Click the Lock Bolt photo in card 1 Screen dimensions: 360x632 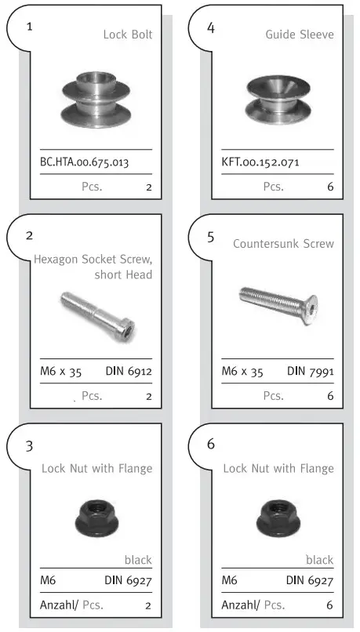pyautogui.click(x=95, y=99)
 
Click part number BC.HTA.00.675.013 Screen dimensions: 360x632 pyautogui.click(x=84, y=163)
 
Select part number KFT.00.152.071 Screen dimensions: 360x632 pyautogui.click(x=260, y=163)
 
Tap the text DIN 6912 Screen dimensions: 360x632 pyautogui.click(x=129, y=372)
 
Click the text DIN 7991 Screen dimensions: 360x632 pyautogui.click(x=310, y=372)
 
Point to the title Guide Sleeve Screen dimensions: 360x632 pyautogui.click(x=300, y=35)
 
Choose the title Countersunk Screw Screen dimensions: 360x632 pyautogui.click(x=283, y=244)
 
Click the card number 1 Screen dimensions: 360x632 pyautogui.click(x=29, y=27)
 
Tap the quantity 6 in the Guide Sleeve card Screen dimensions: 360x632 pyautogui.click(x=330, y=187)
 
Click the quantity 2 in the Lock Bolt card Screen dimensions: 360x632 pyautogui.click(x=148, y=187)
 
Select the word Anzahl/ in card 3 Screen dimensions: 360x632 pyautogui.click(x=58, y=605)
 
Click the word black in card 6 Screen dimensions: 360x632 pyautogui.click(x=319, y=560)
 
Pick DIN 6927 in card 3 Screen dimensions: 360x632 pyautogui.click(x=129, y=581)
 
